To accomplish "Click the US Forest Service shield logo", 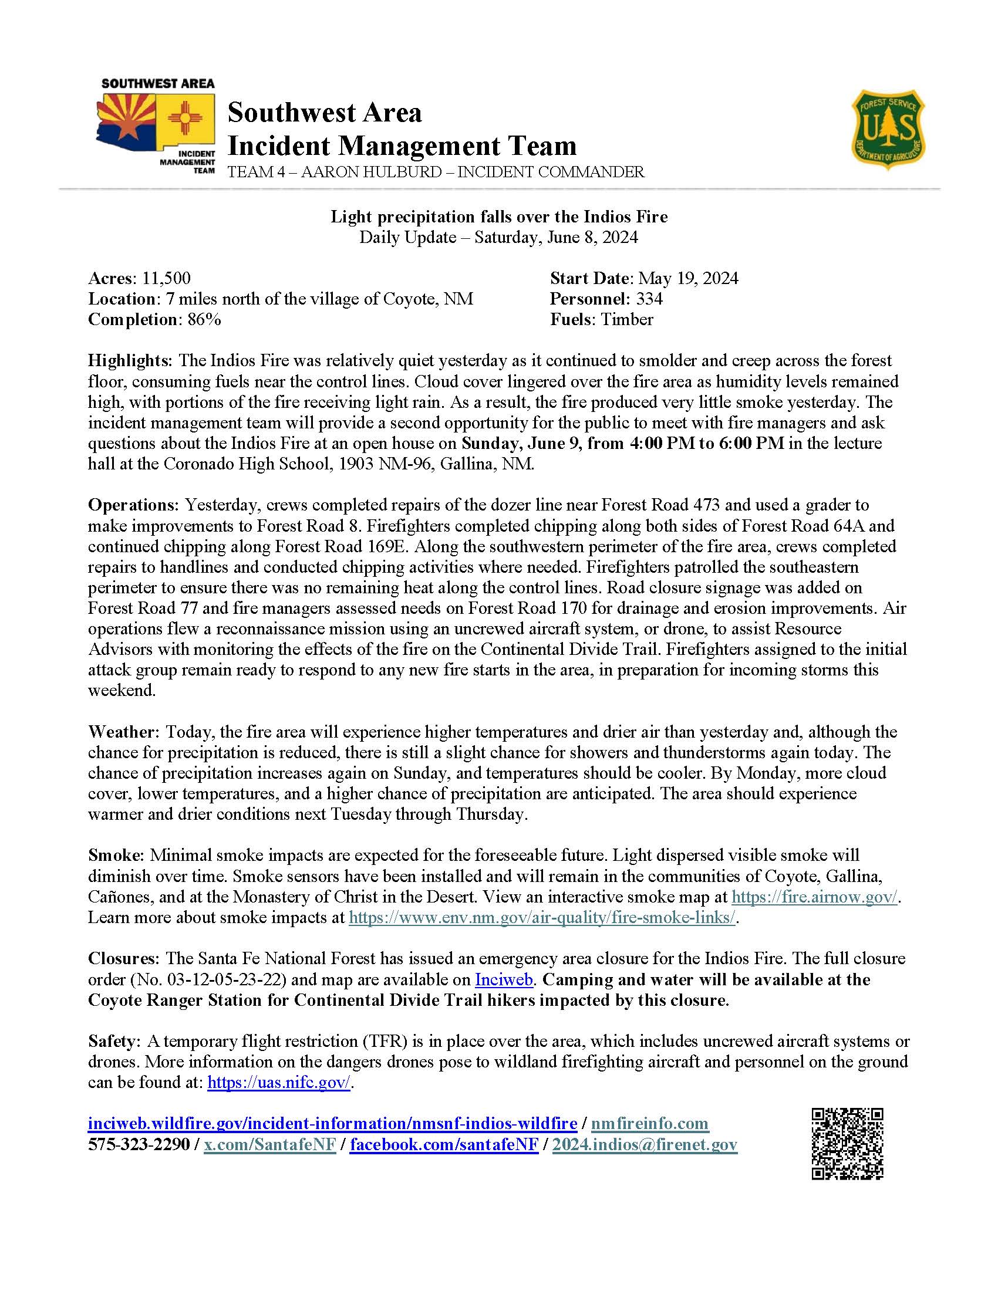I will click(x=888, y=129).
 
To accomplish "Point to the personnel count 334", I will click(x=649, y=299).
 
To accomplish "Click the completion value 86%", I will click(x=204, y=320).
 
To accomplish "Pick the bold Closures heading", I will click(x=123, y=958).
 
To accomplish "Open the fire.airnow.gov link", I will click(x=814, y=897).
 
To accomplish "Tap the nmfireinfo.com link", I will click(x=649, y=1123).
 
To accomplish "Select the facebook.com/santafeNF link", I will click(x=444, y=1144).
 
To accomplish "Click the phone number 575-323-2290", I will click(x=139, y=1144).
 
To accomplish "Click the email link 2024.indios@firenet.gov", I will click(x=645, y=1144).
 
